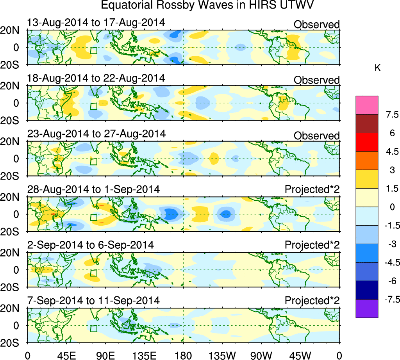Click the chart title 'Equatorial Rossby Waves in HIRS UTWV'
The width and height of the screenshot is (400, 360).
207,6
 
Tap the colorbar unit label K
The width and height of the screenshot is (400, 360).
377,68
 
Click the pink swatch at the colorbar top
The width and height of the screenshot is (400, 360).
367,105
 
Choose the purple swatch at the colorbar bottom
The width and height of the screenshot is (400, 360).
367,308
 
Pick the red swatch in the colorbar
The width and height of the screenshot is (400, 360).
367,142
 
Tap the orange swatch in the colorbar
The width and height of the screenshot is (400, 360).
367,160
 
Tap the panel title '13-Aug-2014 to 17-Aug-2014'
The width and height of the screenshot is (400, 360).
96,22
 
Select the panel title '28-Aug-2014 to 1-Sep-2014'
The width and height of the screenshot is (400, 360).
94,189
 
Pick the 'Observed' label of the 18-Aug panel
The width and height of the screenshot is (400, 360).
316,80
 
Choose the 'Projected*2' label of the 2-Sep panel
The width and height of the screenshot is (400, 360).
312,245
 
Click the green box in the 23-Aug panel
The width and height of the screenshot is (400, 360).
93,162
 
